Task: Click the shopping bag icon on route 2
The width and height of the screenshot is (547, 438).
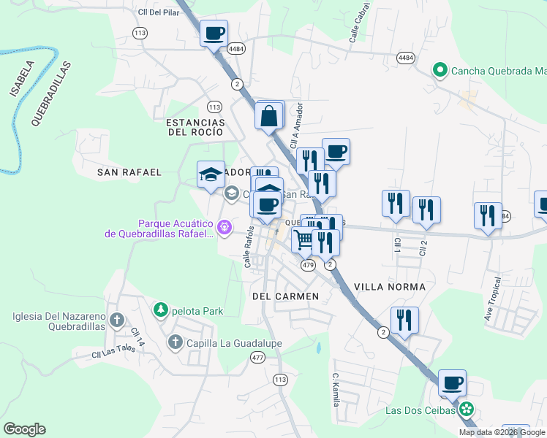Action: click(x=270, y=115)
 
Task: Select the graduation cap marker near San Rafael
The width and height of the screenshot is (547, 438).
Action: click(x=211, y=174)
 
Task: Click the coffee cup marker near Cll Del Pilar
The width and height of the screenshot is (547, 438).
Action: click(x=214, y=34)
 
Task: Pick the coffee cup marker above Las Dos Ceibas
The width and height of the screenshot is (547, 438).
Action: click(x=452, y=383)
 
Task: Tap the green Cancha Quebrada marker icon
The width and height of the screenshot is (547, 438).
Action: click(x=440, y=71)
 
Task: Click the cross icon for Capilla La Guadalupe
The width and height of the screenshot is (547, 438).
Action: click(x=176, y=342)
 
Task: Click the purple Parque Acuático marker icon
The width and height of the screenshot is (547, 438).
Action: click(x=225, y=228)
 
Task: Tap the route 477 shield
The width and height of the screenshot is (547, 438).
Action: click(x=257, y=357)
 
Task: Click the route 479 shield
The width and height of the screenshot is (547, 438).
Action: click(x=308, y=266)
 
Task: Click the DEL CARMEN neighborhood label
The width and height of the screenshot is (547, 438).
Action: click(x=285, y=296)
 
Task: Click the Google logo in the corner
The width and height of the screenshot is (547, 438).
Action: click(x=24, y=429)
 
